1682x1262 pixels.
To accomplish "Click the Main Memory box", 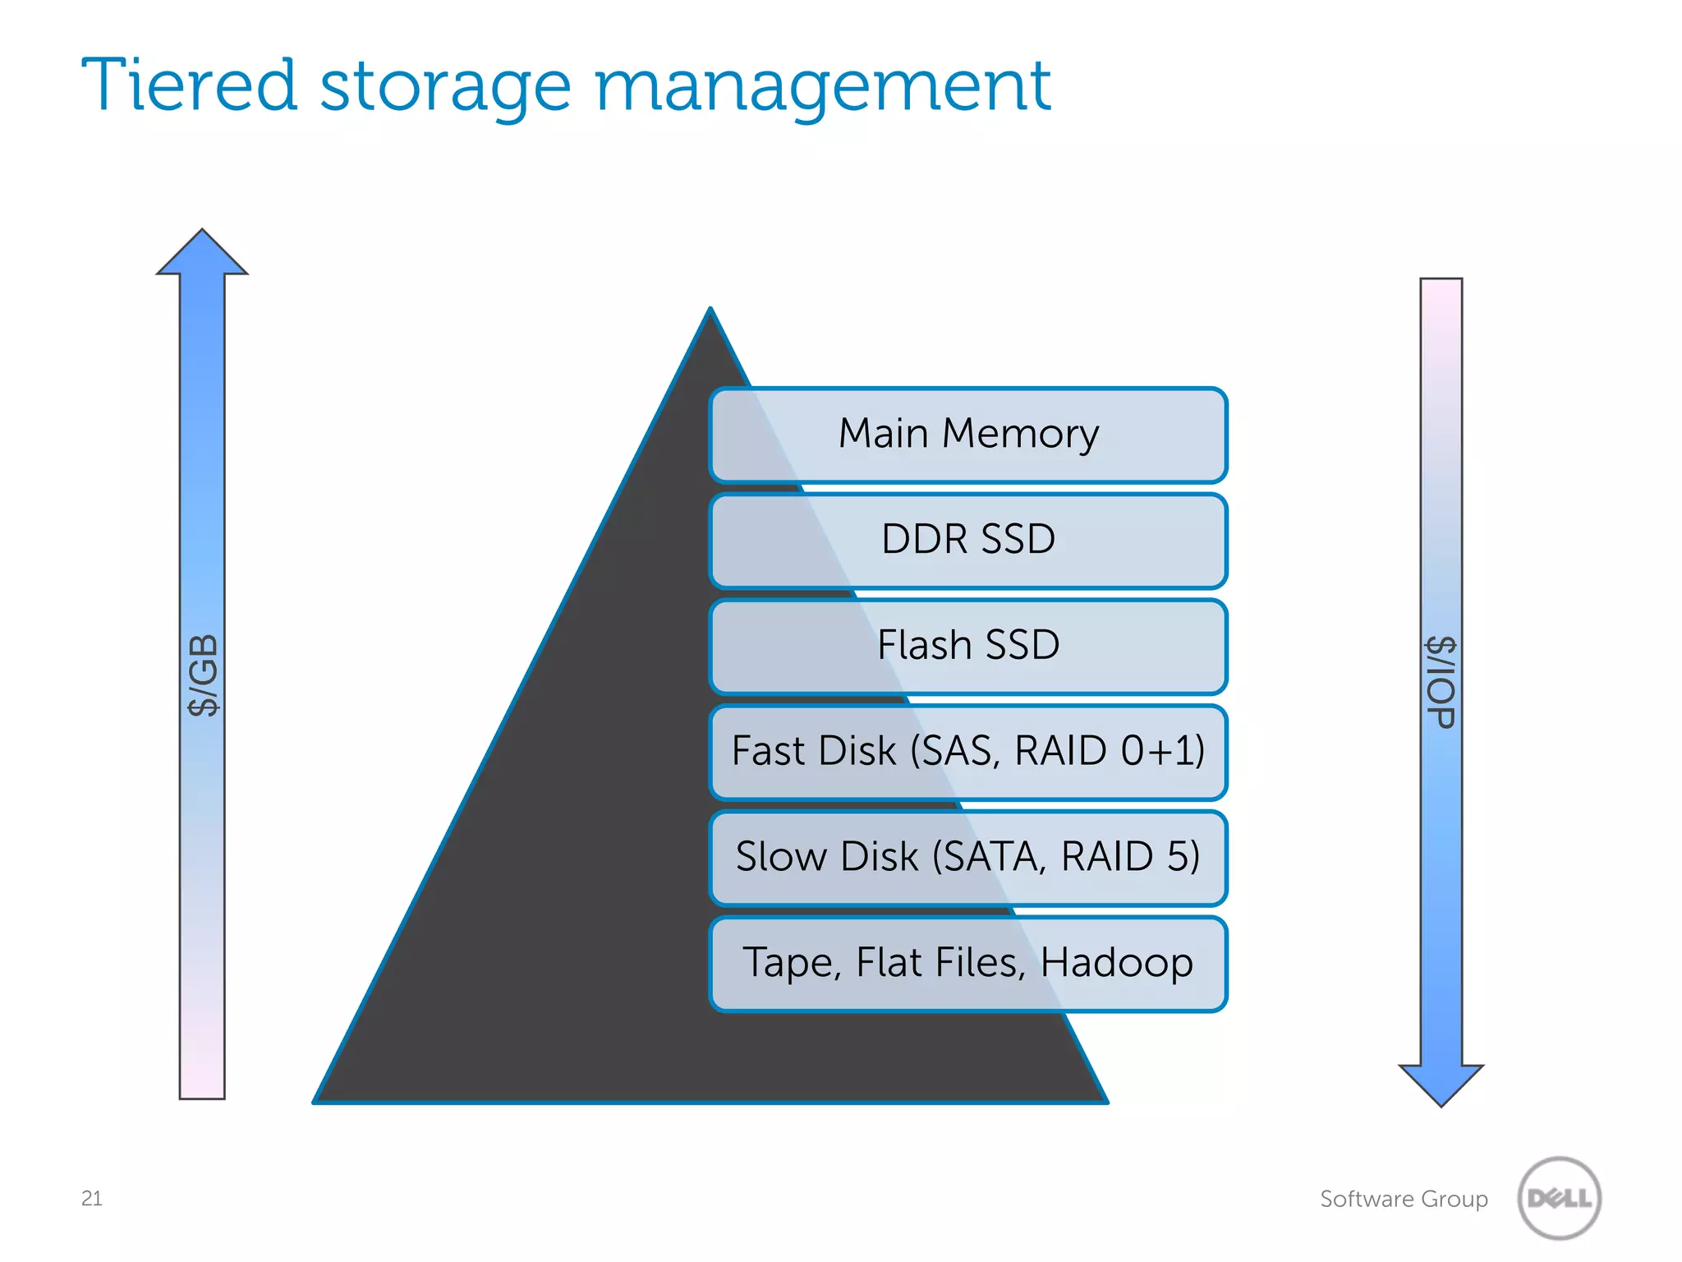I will [967, 435].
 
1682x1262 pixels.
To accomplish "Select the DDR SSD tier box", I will [967, 541].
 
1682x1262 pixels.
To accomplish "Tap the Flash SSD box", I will [967, 646].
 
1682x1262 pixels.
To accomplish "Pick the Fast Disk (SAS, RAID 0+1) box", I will [967, 752].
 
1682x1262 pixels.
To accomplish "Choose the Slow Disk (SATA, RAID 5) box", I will [967, 857].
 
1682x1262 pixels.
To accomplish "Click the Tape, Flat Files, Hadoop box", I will [967, 963].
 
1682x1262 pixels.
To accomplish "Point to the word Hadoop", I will [1116, 963].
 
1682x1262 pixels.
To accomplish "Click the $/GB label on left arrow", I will [203, 675].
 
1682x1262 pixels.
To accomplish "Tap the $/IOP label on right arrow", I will [1441, 682].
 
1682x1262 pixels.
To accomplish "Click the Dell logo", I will [1559, 1198].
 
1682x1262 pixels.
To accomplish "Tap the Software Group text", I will [1404, 1199].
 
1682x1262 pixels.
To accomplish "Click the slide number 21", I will [92, 1198].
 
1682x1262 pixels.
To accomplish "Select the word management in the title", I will [822, 87].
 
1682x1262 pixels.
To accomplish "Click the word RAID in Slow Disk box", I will [1107, 856].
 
